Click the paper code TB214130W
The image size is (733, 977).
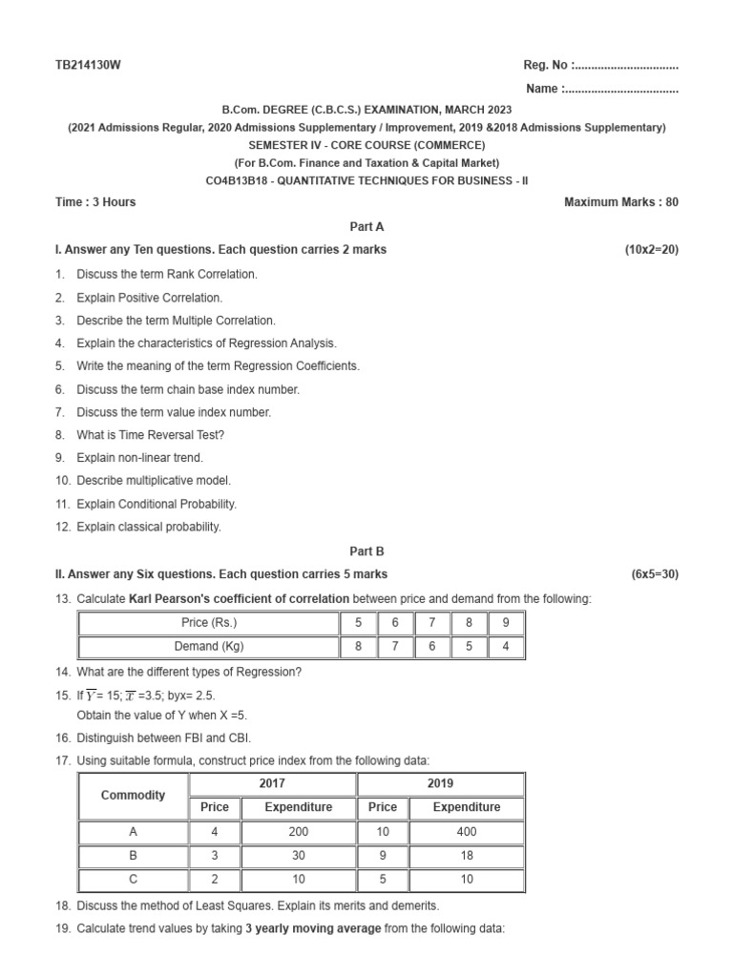89,65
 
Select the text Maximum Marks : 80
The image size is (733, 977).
621,202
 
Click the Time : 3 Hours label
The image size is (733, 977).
95,202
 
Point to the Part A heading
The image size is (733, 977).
366,227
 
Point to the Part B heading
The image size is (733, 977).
366,551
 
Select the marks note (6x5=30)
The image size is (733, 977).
655,574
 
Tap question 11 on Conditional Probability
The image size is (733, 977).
157,504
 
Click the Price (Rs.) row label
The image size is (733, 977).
209,623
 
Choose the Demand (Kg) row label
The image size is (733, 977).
209,647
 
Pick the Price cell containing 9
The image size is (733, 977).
505,623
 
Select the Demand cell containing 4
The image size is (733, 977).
505,647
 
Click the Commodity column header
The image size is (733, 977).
133,795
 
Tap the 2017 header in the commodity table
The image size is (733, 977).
273,783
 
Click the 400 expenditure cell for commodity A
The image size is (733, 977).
466,832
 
